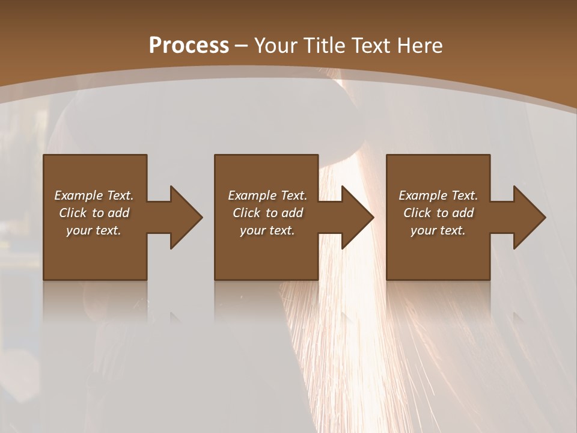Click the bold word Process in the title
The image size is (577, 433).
point(189,46)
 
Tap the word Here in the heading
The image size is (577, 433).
point(420,46)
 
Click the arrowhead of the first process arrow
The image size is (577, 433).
point(186,217)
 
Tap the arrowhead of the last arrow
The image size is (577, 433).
point(529,217)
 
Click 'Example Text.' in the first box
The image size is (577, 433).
point(94,195)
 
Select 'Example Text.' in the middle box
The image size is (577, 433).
point(267,195)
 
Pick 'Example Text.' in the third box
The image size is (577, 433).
point(438,195)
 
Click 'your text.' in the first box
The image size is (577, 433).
point(94,230)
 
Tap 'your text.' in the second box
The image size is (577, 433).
point(267,230)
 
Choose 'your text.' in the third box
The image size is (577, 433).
point(438,230)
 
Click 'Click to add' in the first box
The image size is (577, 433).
point(94,213)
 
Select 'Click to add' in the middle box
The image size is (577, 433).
point(267,213)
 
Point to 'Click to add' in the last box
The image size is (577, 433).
point(438,213)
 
